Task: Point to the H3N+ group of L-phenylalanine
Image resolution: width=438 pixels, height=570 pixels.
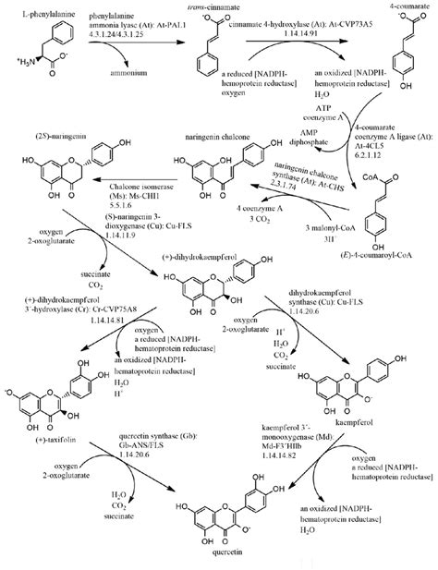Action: tap(19, 60)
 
